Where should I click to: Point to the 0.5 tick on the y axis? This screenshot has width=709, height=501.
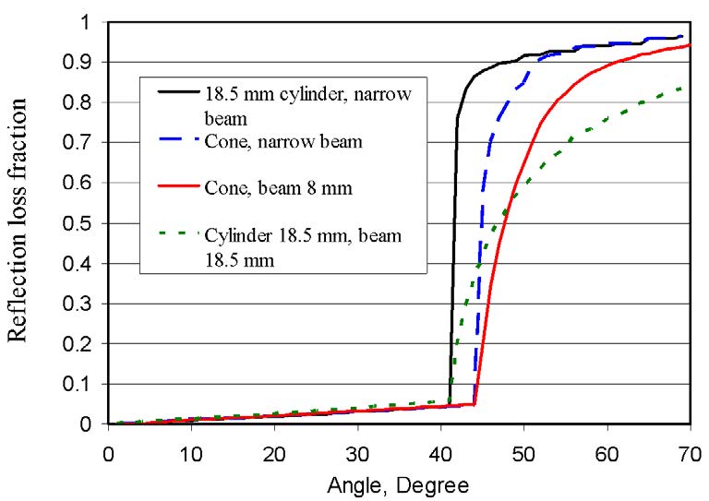tap(90, 223)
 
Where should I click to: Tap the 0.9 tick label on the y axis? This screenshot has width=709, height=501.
tap(90, 62)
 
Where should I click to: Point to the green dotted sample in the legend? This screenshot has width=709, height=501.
tap(174, 233)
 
